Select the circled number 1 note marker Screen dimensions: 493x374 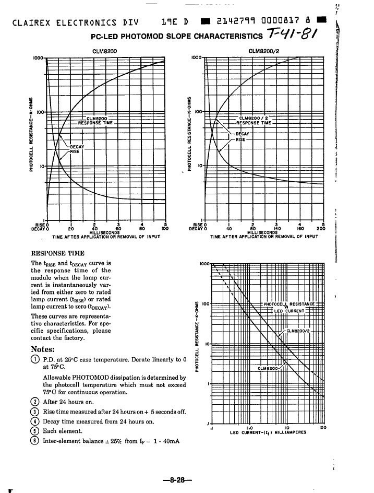coord(35,359)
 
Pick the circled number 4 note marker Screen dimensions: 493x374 coord(35,421)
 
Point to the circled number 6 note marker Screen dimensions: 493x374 coord(35,441)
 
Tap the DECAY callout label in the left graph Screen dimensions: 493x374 coord(77,146)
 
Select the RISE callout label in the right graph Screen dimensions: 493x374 coord(240,140)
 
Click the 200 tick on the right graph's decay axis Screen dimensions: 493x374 coord(321,228)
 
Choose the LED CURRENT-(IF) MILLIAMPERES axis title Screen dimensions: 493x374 coord(268,432)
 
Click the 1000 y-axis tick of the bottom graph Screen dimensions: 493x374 coord(203,264)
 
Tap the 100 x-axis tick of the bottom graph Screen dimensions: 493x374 coord(323,428)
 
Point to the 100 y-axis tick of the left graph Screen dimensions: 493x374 coord(40,112)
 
